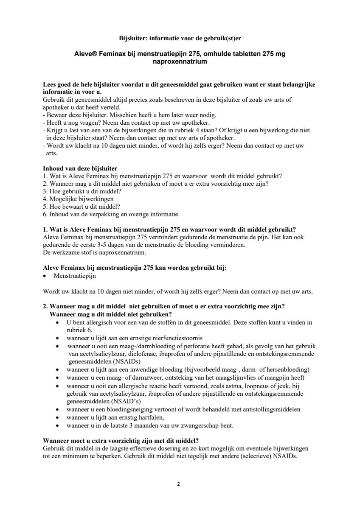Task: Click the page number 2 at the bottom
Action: (179, 484)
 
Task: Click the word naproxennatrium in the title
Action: (180, 62)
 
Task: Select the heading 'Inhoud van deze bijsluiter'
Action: (80, 168)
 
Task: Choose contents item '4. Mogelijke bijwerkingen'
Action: (78, 199)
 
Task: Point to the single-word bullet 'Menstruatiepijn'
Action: (75, 276)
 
